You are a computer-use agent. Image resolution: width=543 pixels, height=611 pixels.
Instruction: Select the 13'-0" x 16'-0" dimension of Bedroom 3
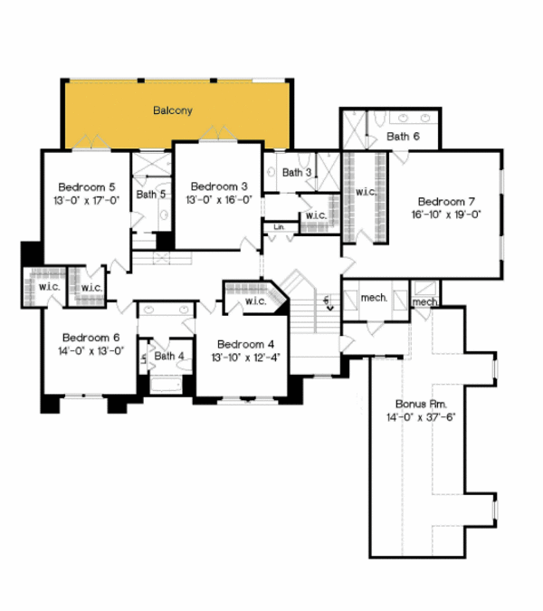pyautogui.click(x=219, y=199)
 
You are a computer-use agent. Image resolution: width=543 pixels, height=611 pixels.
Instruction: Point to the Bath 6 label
pyautogui.click(x=403, y=137)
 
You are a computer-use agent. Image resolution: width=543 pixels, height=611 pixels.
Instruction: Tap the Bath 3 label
pyautogui.click(x=297, y=172)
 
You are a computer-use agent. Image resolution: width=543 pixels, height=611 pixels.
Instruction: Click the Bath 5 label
pyautogui.click(x=150, y=194)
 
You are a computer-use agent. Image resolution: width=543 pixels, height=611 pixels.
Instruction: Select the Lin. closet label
pyautogui.click(x=279, y=226)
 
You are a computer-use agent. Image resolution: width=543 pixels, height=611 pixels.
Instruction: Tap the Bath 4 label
pyautogui.click(x=169, y=356)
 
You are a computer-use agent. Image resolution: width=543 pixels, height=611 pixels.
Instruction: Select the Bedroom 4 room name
pyautogui.click(x=245, y=344)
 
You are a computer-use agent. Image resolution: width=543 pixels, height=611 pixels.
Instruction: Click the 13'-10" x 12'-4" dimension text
pyautogui.click(x=245, y=358)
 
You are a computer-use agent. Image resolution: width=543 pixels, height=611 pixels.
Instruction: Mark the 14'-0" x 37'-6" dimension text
pyautogui.click(x=420, y=417)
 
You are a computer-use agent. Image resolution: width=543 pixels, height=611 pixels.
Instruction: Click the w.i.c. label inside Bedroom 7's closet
pyautogui.click(x=366, y=192)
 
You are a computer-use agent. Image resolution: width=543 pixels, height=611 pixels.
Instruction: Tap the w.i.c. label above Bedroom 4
pyautogui.click(x=255, y=301)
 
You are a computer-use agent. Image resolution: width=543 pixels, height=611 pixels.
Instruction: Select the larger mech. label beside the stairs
pyautogui.click(x=374, y=297)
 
